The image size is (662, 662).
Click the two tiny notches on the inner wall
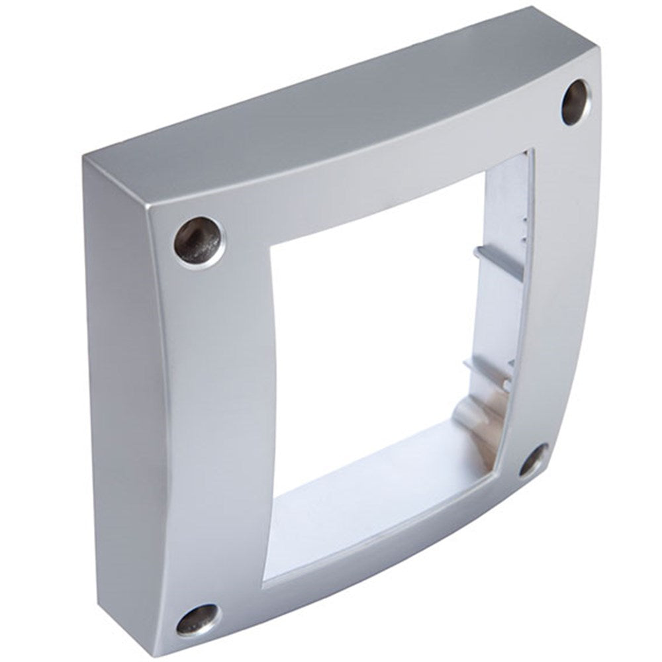[x=523, y=228]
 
